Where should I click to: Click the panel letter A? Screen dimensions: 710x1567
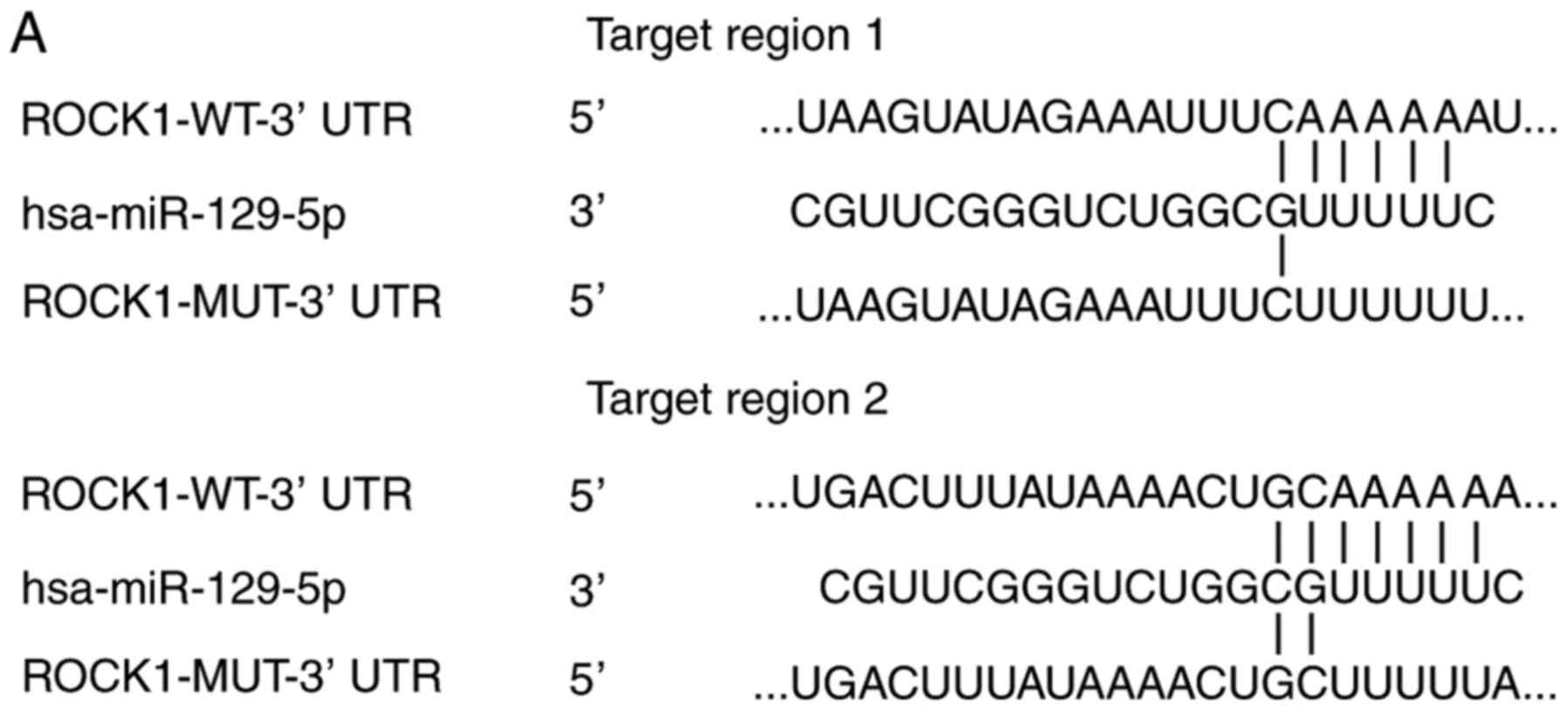coord(29,37)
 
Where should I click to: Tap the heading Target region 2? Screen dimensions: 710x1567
coord(738,399)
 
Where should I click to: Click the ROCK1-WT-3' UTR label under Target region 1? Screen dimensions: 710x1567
coord(216,119)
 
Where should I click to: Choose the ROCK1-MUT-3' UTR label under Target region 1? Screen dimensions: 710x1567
coord(231,303)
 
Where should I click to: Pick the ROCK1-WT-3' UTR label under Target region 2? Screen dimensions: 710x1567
coord(216,495)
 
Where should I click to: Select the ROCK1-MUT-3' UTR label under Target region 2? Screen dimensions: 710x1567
coord(231,678)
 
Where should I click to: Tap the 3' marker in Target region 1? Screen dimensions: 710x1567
coord(588,212)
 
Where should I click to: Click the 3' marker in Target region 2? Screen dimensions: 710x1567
coord(588,591)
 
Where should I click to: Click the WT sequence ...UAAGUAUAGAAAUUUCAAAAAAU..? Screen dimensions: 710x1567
coord(1158,119)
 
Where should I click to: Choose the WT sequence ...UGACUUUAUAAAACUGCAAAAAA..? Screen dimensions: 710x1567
coord(1156,495)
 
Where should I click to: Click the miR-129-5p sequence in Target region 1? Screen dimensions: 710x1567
coord(1142,212)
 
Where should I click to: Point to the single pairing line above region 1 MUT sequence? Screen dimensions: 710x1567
coord(1281,257)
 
